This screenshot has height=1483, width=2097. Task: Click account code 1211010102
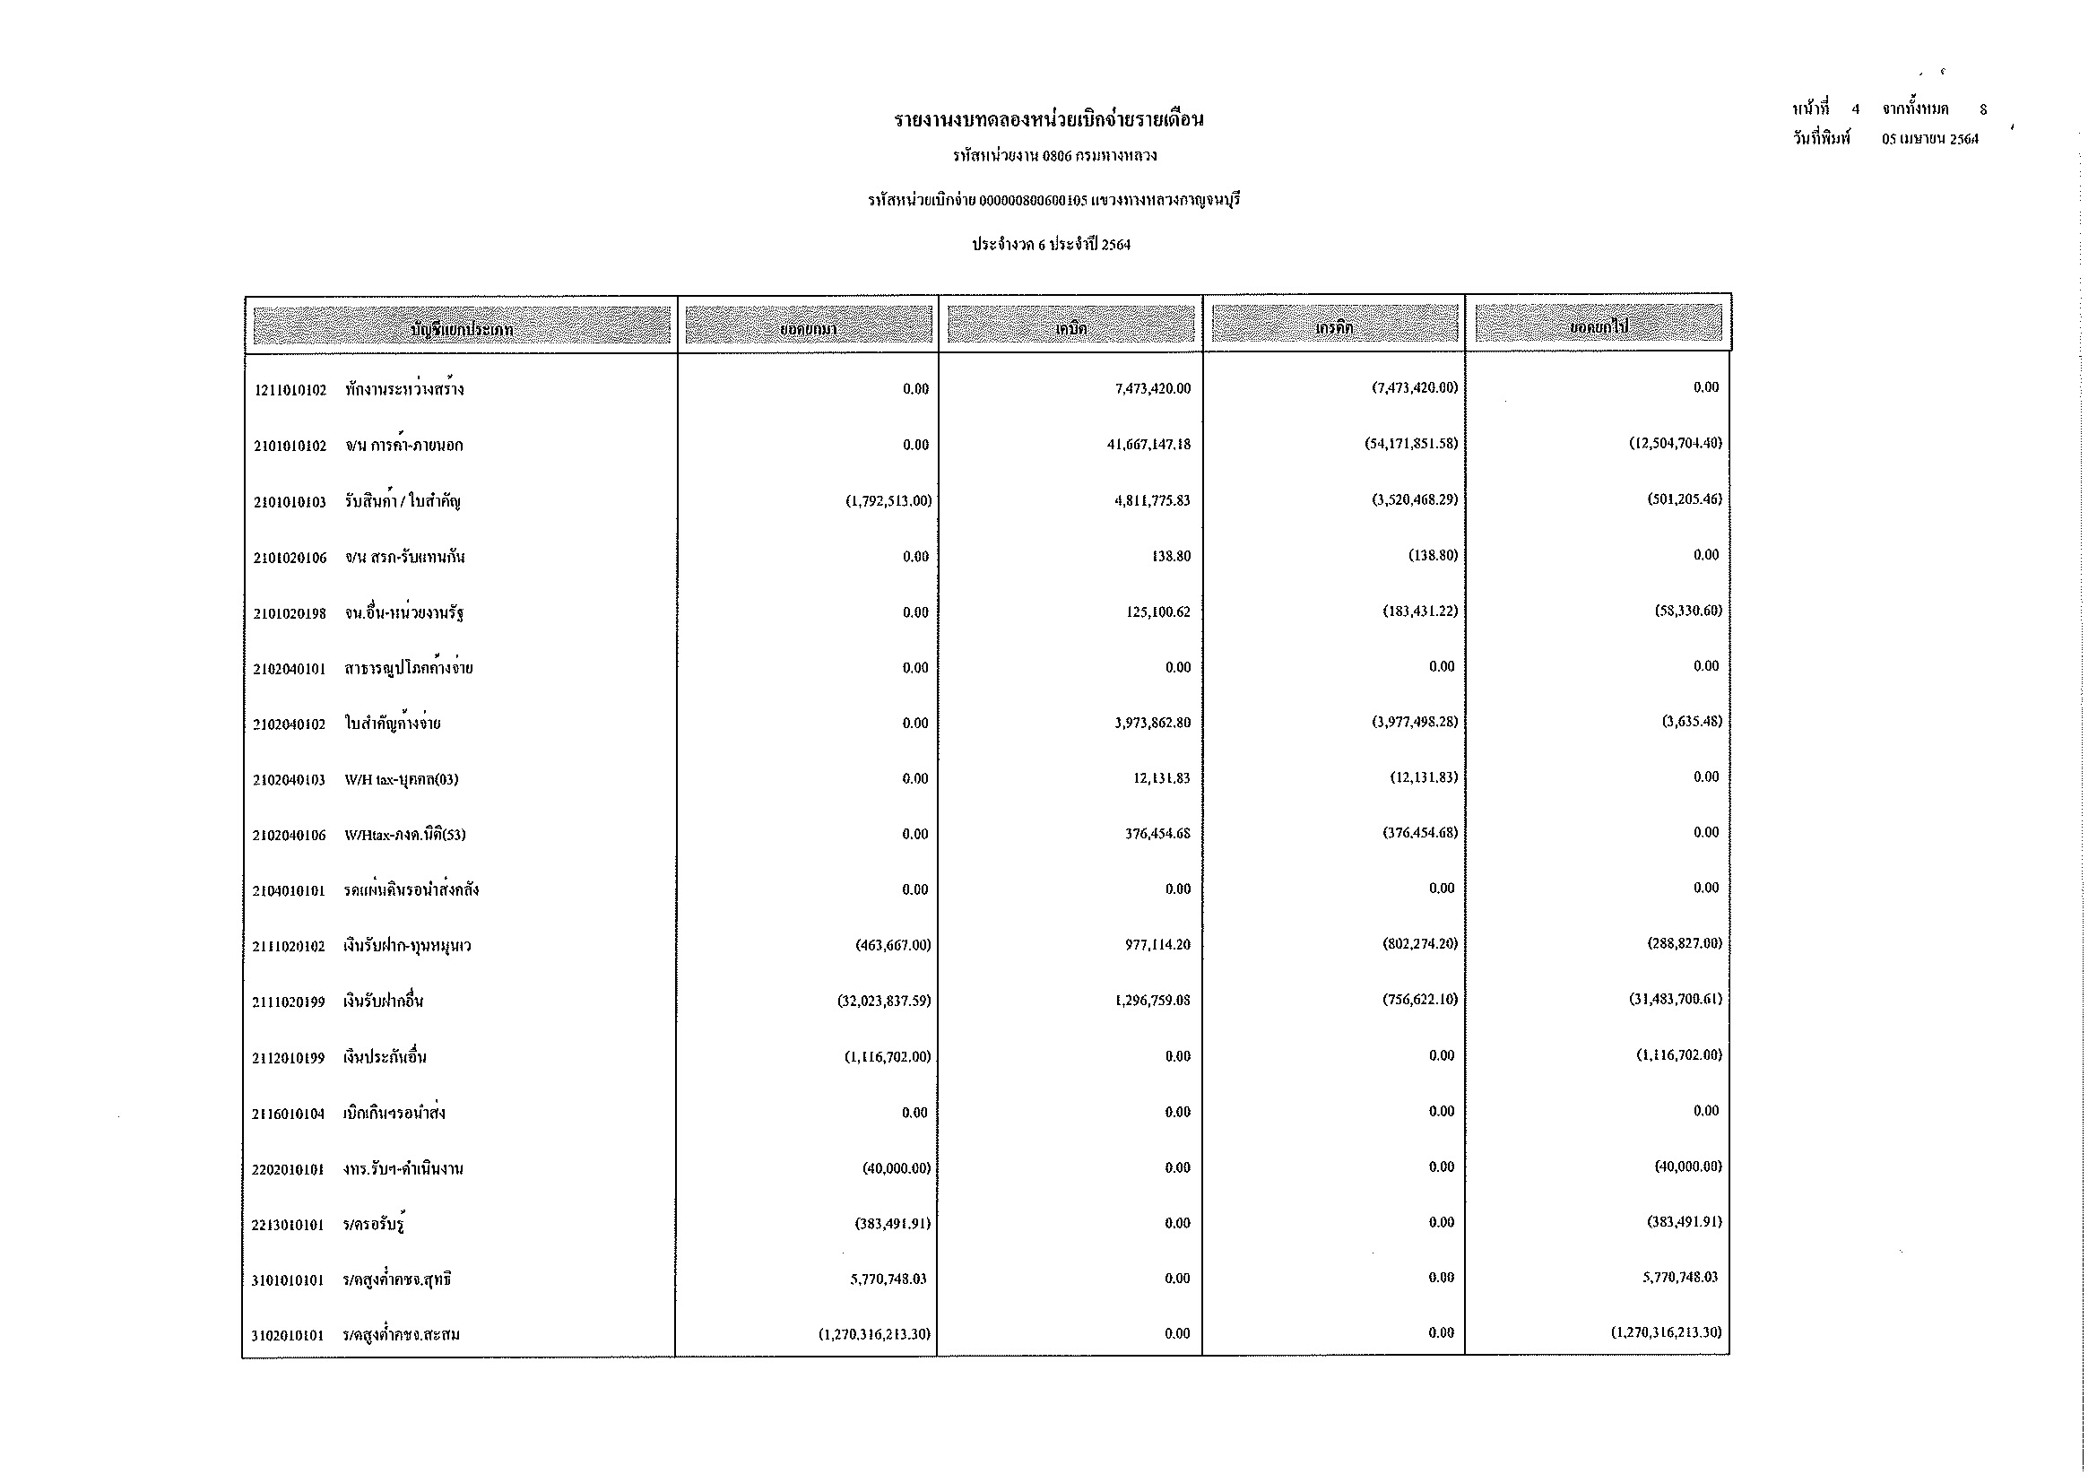(x=290, y=390)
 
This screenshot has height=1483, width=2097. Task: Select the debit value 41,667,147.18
(x=1152, y=445)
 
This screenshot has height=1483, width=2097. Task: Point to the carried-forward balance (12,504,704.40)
(x=1676, y=443)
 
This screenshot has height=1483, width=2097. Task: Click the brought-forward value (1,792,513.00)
(x=888, y=500)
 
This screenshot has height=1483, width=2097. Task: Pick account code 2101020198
(x=290, y=613)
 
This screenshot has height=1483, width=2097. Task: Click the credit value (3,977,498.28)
(x=1414, y=723)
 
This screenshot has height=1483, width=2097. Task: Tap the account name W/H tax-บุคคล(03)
(x=401, y=780)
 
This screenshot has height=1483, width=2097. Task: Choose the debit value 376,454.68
(x=1157, y=834)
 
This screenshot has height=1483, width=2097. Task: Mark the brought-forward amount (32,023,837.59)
(x=884, y=1001)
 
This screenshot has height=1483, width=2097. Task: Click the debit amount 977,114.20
(x=1157, y=945)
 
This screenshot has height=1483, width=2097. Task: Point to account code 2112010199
(x=289, y=1058)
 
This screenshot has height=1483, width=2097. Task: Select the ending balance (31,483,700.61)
(x=1676, y=999)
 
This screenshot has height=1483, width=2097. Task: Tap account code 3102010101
(x=288, y=1336)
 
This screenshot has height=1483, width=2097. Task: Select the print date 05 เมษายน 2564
(x=1930, y=140)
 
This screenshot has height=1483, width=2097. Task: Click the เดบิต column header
(x=1070, y=327)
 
